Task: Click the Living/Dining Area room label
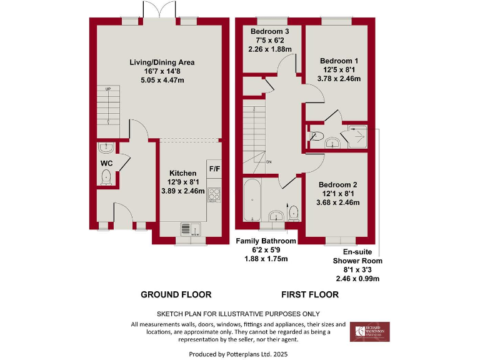[162, 62]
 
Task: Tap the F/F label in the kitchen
[214, 169]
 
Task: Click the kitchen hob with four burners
[214, 194]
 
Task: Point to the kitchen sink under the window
[189, 229]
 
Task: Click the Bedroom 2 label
[338, 184]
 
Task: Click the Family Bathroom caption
[266, 241]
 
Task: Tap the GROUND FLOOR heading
[176, 294]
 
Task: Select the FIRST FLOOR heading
[310, 294]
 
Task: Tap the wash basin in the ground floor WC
[106, 149]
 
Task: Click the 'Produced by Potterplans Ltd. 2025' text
[240, 354]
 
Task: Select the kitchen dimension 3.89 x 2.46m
[182, 191]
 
